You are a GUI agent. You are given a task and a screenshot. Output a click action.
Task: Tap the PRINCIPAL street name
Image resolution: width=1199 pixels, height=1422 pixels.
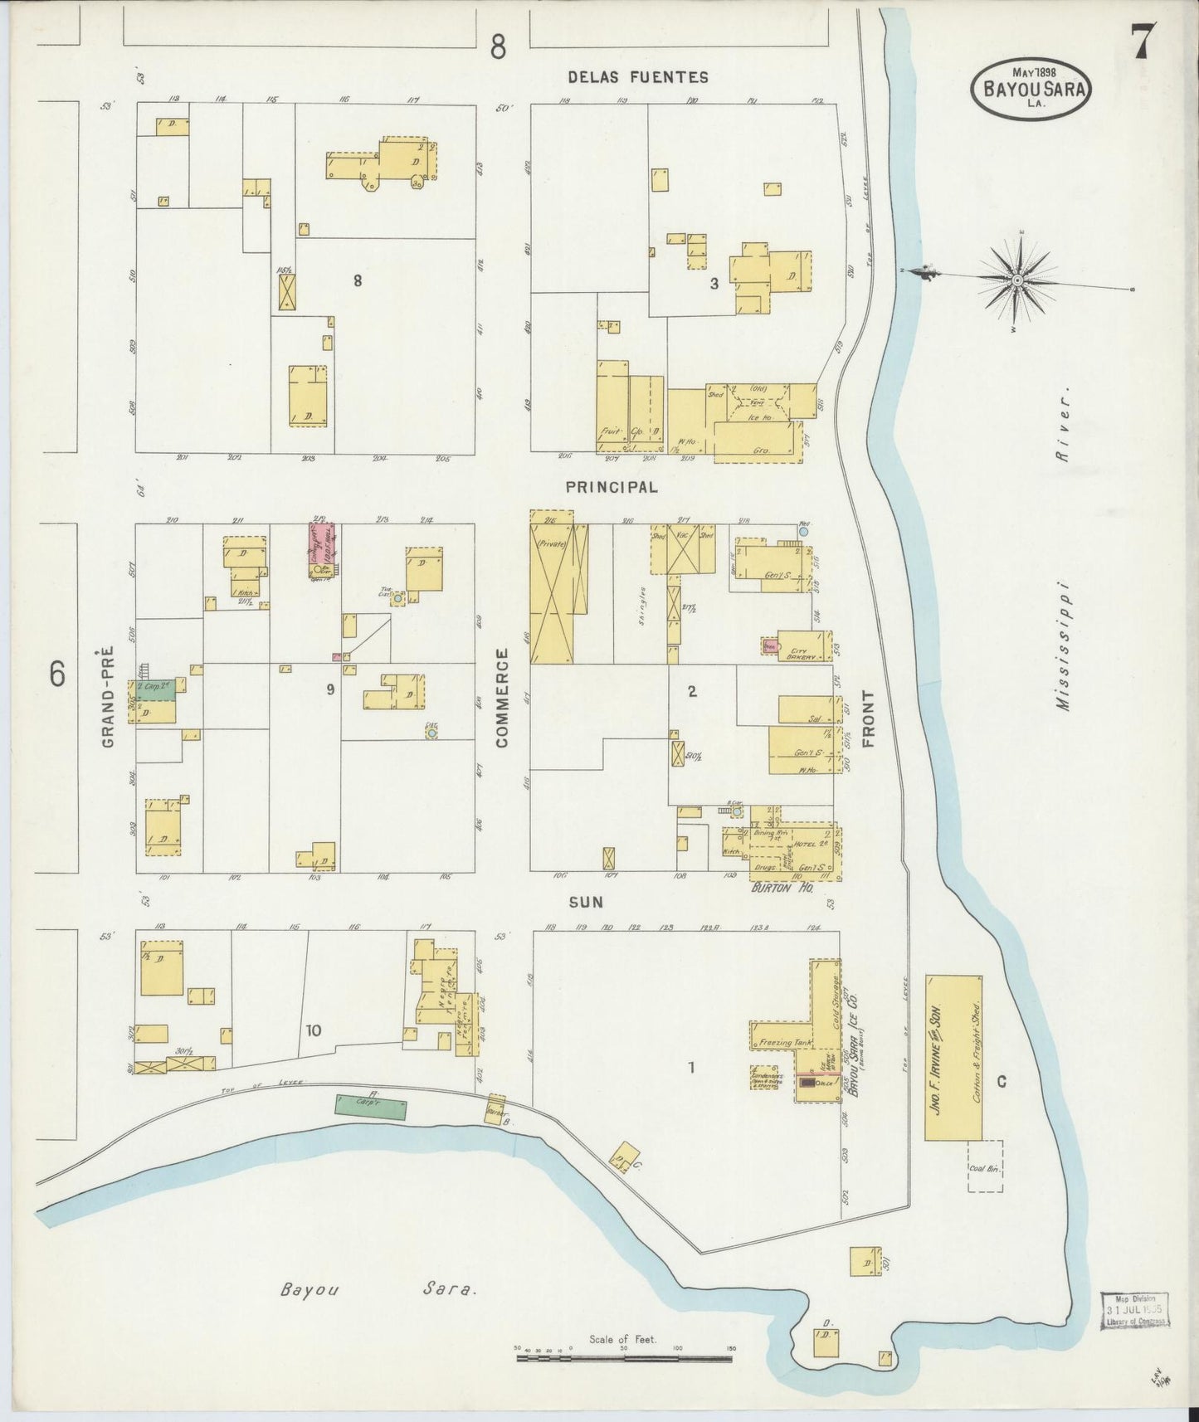[612, 488]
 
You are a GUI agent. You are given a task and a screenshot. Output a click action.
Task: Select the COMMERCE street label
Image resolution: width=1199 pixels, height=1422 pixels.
[502, 699]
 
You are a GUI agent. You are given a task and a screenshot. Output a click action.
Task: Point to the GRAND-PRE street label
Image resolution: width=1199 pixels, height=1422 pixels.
[108, 704]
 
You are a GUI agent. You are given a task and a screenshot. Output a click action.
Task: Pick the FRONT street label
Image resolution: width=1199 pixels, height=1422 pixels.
[869, 718]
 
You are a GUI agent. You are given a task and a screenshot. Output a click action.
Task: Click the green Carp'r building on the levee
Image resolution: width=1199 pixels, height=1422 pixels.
[371, 1107]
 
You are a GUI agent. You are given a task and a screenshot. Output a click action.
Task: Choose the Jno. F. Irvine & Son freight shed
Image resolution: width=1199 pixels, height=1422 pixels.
[953, 1058]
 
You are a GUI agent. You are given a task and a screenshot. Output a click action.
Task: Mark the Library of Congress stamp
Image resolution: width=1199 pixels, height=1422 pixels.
[1135, 1310]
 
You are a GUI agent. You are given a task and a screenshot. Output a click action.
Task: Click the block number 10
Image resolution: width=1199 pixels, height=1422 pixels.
[313, 1031]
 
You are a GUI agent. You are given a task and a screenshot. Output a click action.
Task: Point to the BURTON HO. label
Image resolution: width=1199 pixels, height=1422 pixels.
[781, 887]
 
